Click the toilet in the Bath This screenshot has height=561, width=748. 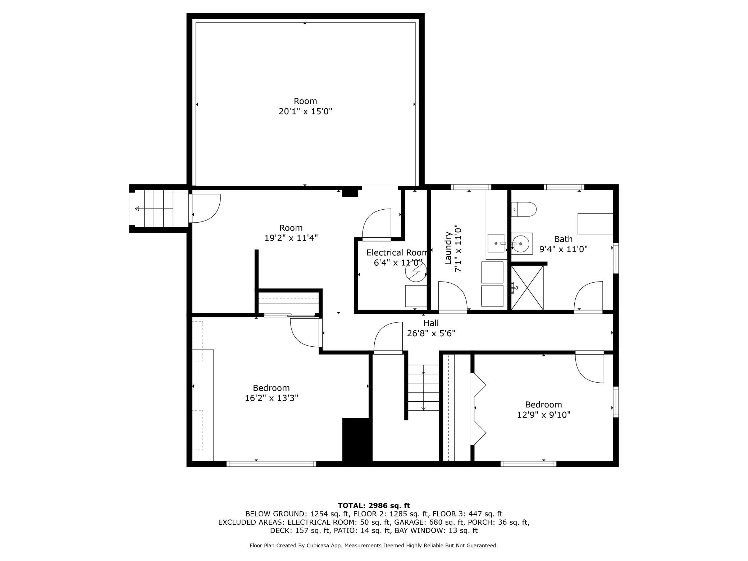pos(524,209)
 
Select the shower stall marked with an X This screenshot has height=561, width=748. pos(527,287)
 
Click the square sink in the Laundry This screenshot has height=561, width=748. pos(496,243)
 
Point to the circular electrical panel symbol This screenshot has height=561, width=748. pos(416,271)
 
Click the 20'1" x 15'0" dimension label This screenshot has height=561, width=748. pos(305,111)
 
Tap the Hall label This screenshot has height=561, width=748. pos(431,323)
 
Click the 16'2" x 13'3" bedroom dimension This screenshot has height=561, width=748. pos(272,398)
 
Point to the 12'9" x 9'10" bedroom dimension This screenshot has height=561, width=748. pos(544,415)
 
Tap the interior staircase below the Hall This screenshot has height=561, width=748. pos(423,388)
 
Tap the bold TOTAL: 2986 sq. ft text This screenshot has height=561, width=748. pos(374,506)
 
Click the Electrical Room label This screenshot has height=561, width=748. pos(397,252)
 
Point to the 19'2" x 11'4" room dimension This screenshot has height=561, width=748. pos(291,238)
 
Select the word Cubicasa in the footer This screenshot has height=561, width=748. pos(318,546)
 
